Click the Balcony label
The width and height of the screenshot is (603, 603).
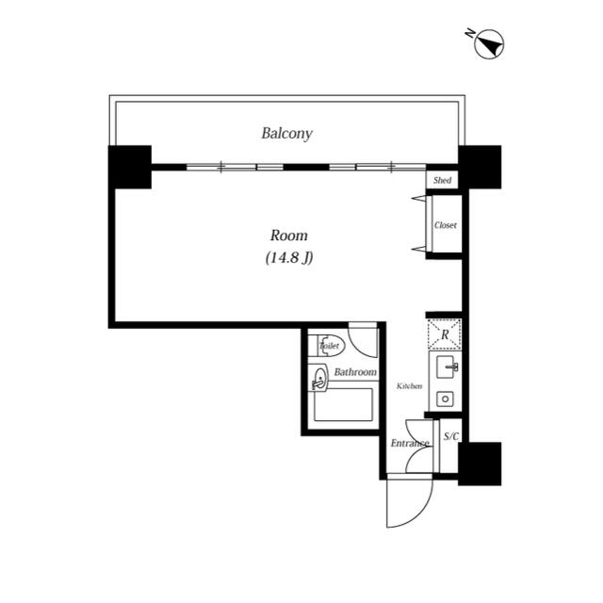coord(286,134)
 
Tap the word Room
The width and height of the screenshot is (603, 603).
coord(289,236)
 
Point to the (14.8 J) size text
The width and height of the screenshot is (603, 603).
coord(289,257)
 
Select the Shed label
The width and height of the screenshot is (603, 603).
coord(442,180)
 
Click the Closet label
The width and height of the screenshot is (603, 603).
coord(446,225)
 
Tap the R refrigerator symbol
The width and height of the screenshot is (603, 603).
coord(445,334)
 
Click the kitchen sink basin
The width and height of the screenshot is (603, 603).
coord(447,367)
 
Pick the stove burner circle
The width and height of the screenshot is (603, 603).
coord(445,399)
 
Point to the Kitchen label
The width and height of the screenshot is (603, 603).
coord(410,386)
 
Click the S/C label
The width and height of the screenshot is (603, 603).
coord(451,436)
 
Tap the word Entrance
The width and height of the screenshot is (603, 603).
coord(410,443)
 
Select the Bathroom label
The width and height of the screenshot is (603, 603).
coord(355,372)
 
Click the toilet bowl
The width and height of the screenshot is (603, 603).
coord(331,346)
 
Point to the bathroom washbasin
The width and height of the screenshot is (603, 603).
coord(319,380)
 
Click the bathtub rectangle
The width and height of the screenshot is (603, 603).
coord(343,404)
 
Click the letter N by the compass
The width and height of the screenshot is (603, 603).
coord(469,34)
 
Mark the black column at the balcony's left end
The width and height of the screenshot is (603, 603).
coord(130,167)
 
